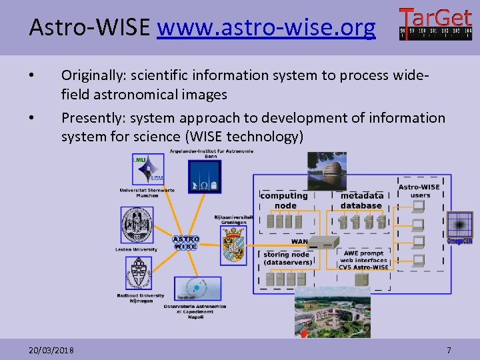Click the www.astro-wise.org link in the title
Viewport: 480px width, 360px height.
click(266, 28)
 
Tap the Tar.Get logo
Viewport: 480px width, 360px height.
click(435, 24)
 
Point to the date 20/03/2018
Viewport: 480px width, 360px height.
click(52, 350)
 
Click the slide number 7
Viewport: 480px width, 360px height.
click(449, 350)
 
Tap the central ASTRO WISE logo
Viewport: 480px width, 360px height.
click(186, 243)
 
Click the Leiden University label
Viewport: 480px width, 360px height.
click(136, 250)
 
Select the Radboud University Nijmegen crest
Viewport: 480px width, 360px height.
click(138, 274)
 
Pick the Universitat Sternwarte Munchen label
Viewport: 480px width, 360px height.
click(147, 193)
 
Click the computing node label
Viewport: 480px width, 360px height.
click(284, 201)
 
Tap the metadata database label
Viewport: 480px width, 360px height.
click(362, 201)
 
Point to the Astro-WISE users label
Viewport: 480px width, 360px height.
click(419, 191)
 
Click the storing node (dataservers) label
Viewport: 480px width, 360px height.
click(287, 259)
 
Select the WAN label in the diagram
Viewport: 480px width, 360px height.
click(299, 241)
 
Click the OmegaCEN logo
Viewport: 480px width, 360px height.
click(459, 227)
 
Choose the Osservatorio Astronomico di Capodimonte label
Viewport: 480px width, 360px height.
click(195, 311)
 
